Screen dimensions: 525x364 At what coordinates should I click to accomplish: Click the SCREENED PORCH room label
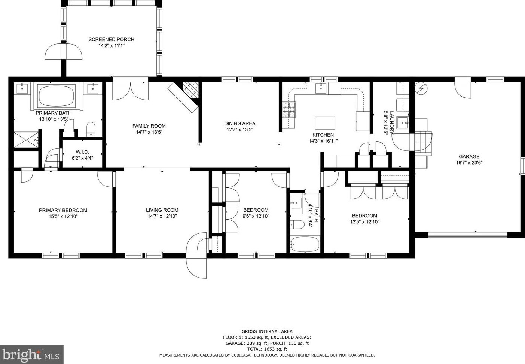(112, 39)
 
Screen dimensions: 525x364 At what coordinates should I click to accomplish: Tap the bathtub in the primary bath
(57, 96)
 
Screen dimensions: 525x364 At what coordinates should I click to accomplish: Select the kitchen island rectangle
(325, 123)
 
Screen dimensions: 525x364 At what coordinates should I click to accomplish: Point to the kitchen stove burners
(289, 110)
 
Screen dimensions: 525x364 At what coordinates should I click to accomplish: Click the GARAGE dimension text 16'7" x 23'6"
(469, 163)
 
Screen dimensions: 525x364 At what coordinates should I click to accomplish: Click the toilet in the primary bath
(91, 129)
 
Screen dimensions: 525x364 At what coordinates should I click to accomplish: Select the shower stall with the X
(26, 140)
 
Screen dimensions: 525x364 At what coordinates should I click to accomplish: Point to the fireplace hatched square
(191, 90)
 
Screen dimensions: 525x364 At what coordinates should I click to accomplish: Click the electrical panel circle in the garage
(421, 88)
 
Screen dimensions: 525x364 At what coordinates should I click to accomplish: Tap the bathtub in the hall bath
(305, 244)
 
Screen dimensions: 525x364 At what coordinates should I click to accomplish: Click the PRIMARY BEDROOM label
(63, 211)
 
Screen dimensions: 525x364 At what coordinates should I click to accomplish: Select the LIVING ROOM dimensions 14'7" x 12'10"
(162, 216)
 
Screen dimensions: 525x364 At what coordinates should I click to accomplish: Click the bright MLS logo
(32, 354)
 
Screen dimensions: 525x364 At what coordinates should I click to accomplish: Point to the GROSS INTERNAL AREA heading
(267, 331)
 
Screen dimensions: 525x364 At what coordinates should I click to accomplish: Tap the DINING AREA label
(240, 123)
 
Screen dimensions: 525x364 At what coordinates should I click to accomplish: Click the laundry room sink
(403, 123)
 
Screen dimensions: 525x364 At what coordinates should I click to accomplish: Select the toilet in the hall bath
(297, 224)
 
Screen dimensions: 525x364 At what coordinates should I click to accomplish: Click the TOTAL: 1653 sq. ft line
(267, 349)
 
